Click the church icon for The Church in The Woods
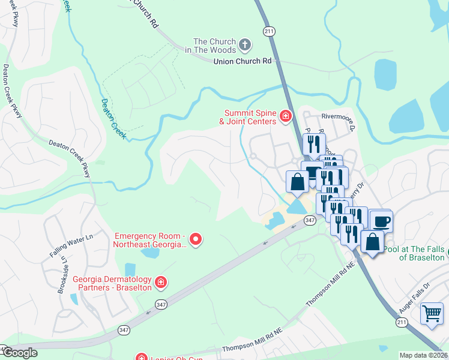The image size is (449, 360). (244, 44)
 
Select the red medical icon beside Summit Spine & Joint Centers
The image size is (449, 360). (286, 115)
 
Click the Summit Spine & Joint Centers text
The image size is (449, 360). (248, 117)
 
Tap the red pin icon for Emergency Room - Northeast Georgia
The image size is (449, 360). (196, 240)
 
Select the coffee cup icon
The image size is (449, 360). (381, 221)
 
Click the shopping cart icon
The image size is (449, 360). (432, 313)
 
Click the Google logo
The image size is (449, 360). (20, 353)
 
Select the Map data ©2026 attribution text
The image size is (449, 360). (423, 355)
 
